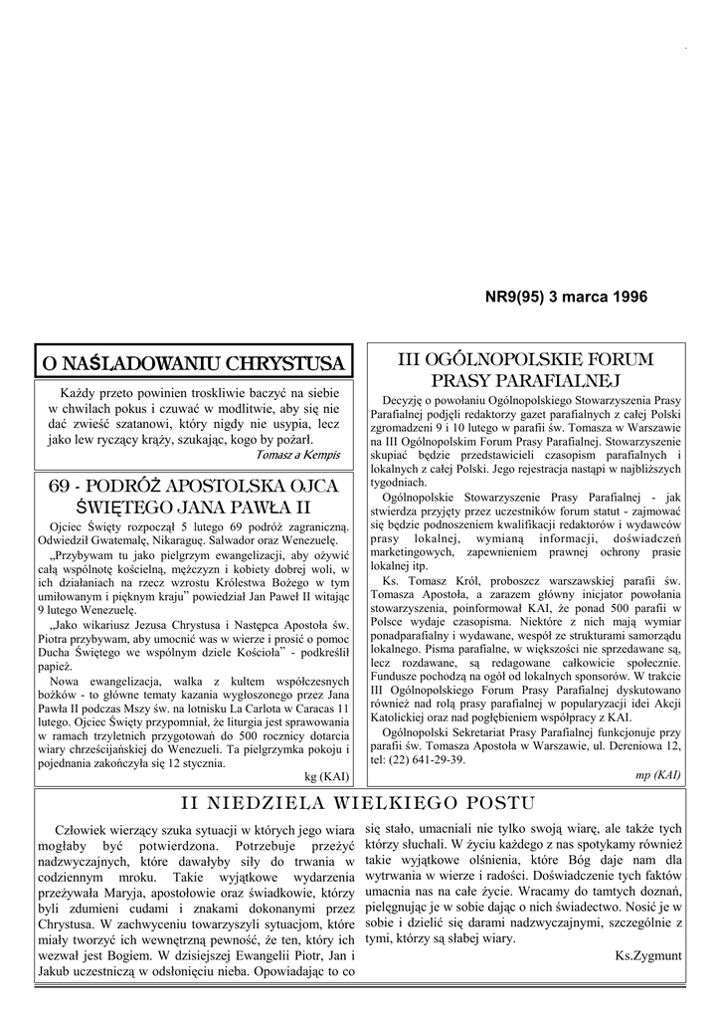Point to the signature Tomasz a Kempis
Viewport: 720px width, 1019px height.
pos(297,455)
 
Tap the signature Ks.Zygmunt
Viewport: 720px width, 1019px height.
pos(647,955)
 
